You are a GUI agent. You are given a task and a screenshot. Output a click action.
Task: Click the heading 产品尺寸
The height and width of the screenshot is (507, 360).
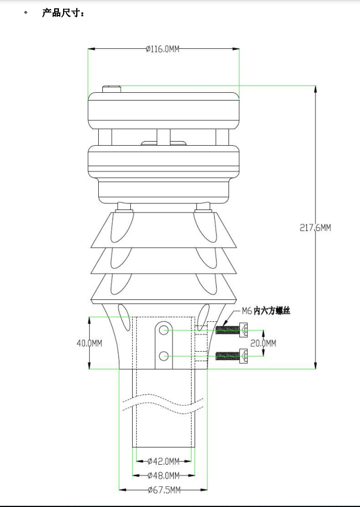63,12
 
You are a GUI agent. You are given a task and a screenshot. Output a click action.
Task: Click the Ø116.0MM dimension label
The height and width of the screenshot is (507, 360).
163,49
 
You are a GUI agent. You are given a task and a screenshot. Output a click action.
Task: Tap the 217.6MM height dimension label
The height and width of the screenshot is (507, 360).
315,227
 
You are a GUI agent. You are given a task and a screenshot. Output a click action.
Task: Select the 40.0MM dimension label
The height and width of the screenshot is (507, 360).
89,343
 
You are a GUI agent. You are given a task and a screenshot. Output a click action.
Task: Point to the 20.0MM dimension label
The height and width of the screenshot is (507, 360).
263,343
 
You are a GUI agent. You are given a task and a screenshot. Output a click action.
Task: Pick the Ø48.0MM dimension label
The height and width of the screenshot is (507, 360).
163,475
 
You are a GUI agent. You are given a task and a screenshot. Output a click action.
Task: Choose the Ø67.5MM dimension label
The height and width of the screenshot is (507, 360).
164,490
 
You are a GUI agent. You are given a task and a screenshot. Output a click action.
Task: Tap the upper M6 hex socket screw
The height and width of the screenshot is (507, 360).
232,329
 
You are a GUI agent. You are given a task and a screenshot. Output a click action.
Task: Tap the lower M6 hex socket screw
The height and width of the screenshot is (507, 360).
232,356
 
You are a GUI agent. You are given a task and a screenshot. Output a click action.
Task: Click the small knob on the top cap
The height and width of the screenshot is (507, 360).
111,89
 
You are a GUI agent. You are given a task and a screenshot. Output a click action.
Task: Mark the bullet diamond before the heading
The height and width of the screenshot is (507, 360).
26,12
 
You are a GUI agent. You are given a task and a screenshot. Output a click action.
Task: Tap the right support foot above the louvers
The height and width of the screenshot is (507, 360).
203,206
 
